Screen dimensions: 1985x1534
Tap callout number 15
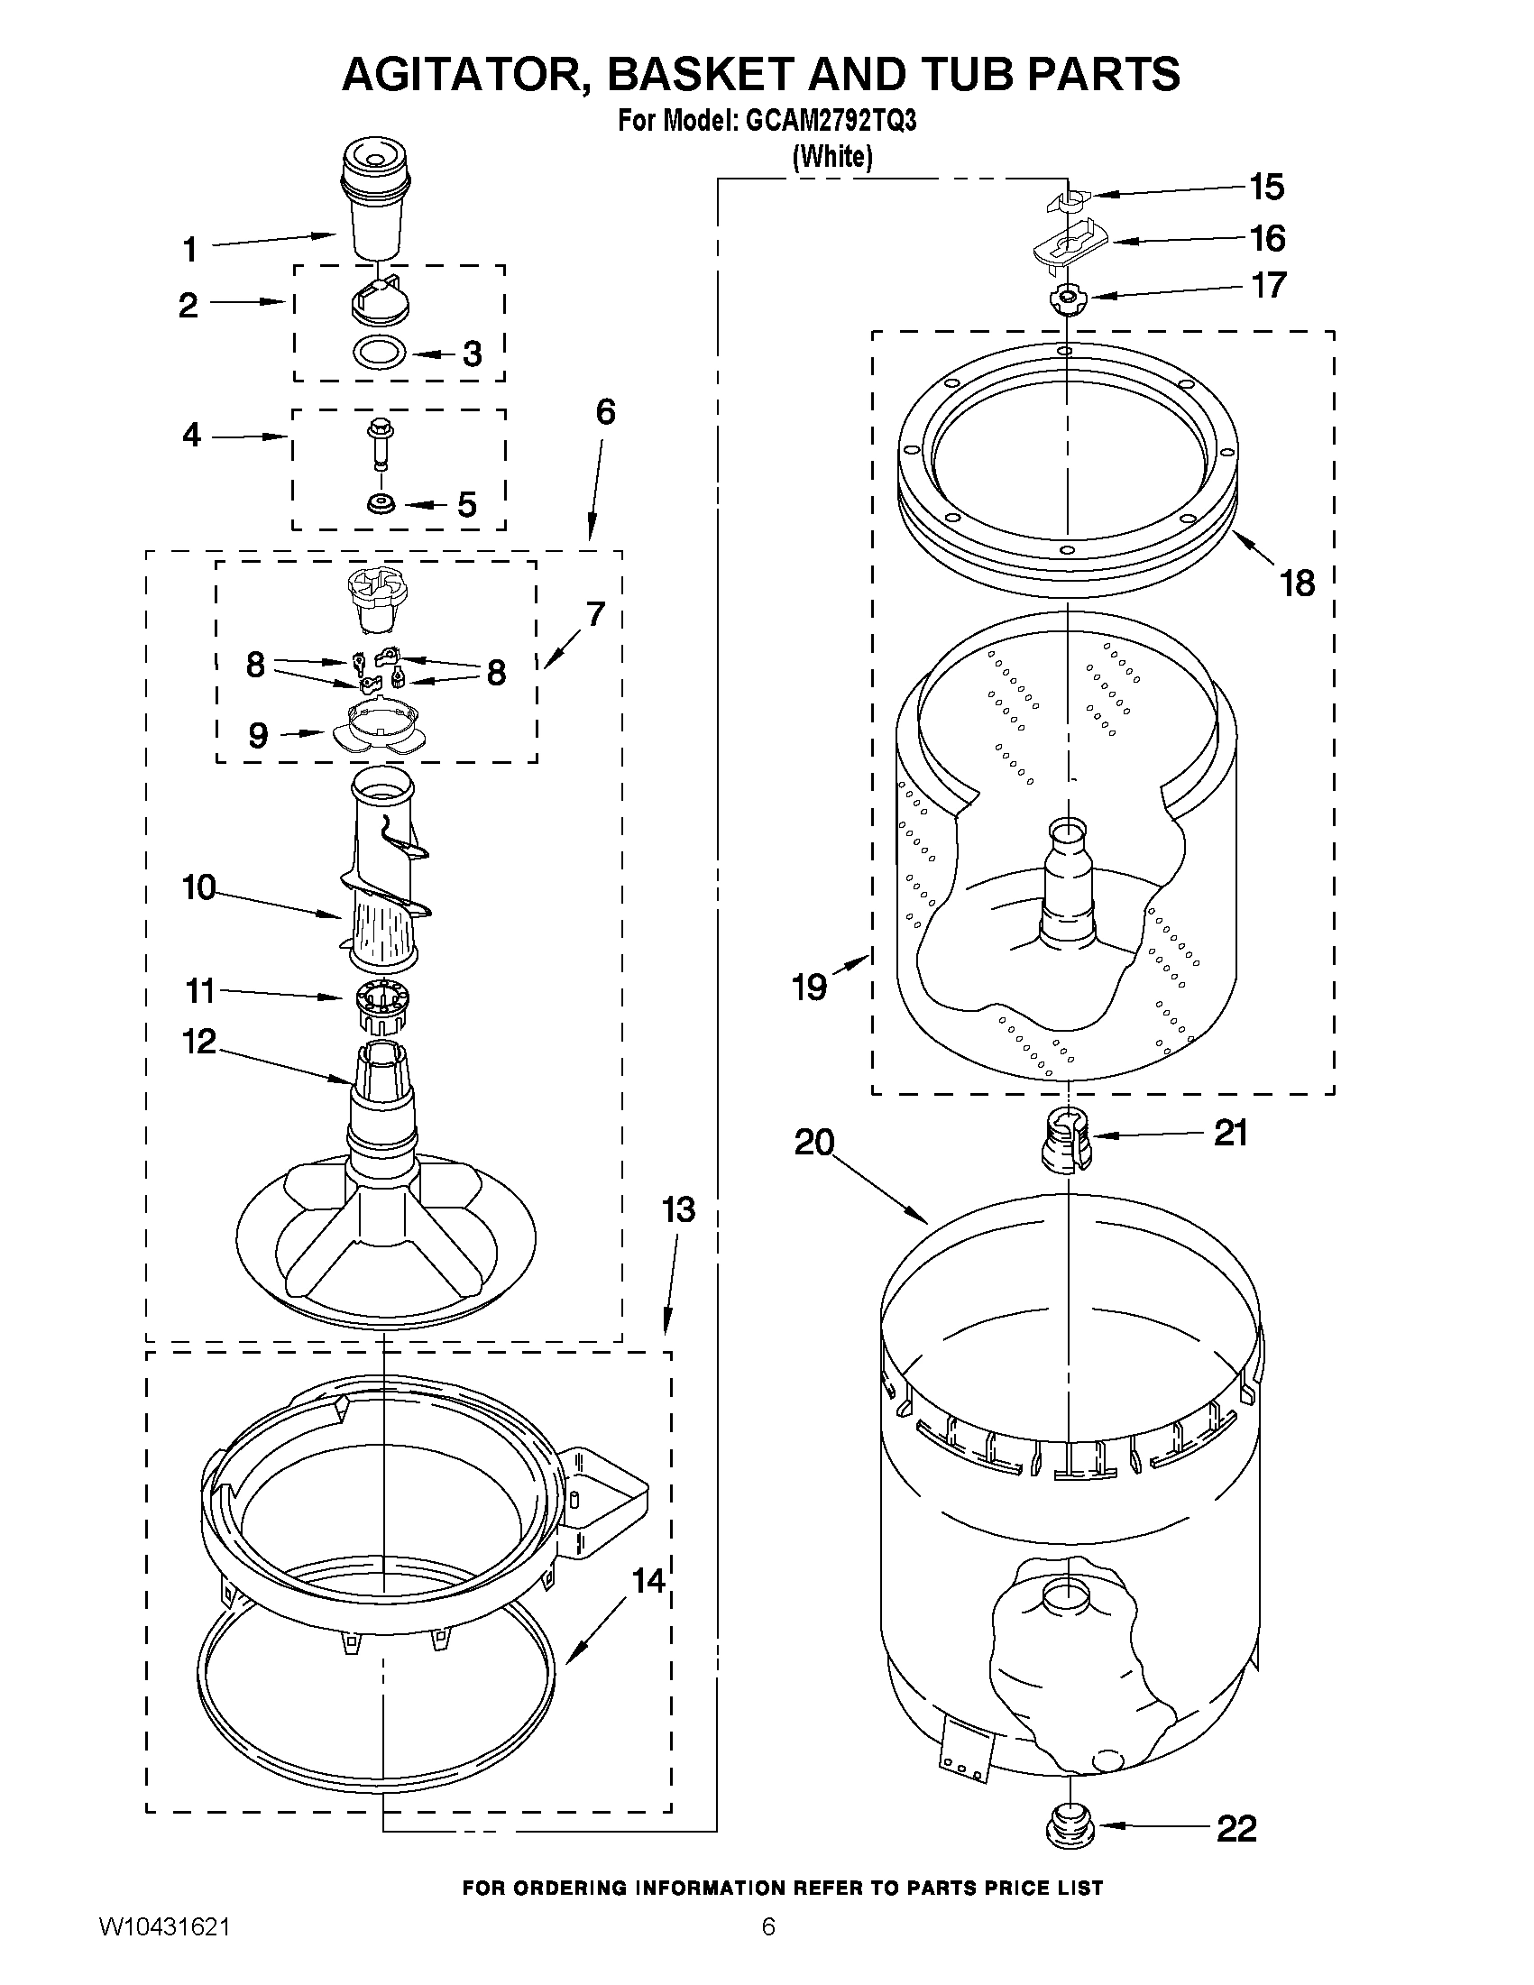[x=1266, y=188]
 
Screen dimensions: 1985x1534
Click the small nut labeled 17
[x=1062, y=299]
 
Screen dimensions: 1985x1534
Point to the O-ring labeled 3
[x=380, y=353]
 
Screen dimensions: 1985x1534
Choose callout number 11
[x=200, y=991]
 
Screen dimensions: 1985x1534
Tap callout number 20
[x=814, y=1143]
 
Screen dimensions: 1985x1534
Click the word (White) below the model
[x=832, y=157]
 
